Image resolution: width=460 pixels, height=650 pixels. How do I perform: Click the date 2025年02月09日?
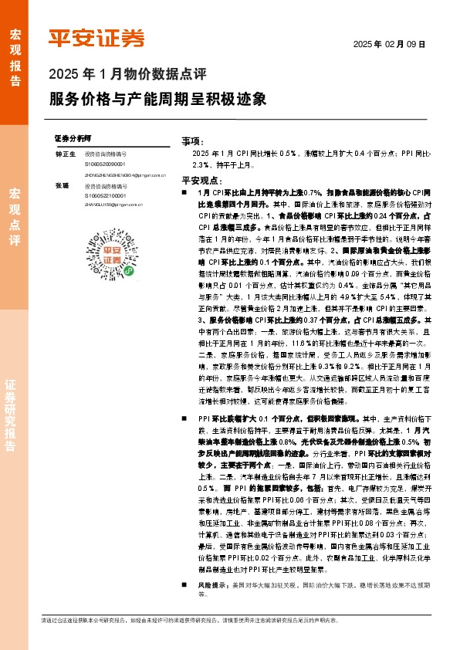coord(389,46)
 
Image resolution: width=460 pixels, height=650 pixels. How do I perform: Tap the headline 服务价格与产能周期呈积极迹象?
coord(157,100)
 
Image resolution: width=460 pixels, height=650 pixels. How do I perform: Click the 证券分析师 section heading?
coord(73,137)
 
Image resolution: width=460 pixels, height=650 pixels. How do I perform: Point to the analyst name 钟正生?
coord(64,154)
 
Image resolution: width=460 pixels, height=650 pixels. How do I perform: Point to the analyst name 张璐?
coord(61,186)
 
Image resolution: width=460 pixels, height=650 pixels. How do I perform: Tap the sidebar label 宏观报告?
coord(15,51)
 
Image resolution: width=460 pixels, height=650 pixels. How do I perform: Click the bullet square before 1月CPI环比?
coord(184,191)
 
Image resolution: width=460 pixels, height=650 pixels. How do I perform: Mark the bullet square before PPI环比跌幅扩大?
coord(184,418)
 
